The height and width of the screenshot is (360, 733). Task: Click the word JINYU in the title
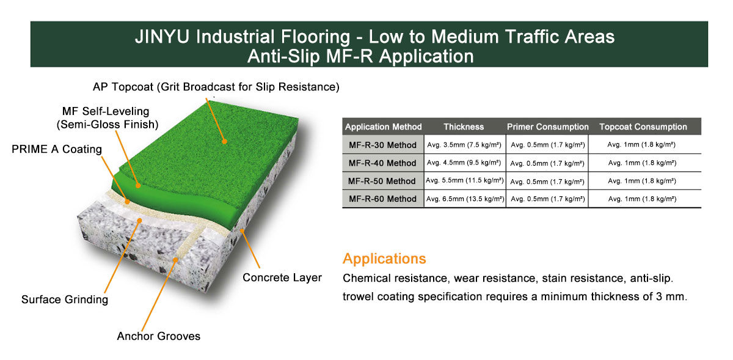click(162, 36)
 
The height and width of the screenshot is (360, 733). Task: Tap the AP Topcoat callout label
click(216, 87)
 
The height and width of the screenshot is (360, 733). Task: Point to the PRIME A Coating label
click(57, 149)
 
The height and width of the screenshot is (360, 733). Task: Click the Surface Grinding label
click(65, 299)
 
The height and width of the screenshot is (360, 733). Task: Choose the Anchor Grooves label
click(158, 336)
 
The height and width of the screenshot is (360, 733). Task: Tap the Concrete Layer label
click(282, 277)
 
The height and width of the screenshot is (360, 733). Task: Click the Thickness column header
click(464, 127)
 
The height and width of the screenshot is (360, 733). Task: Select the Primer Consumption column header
click(548, 127)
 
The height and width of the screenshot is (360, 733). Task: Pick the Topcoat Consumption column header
click(643, 127)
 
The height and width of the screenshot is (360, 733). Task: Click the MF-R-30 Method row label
click(382, 145)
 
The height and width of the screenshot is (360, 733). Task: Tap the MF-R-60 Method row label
click(382, 199)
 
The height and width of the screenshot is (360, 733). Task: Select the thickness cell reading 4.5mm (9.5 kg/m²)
click(464, 163)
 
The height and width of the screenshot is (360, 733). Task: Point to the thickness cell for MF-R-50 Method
click(465, 180)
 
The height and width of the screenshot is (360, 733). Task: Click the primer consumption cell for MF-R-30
click(548, 145)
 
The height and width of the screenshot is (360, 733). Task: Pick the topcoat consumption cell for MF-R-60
click(642, 199)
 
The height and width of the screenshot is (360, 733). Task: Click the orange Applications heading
click(384, 259)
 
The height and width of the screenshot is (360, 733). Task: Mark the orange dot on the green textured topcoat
click(224, 142)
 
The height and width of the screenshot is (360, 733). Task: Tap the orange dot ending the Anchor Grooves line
click(175, 260)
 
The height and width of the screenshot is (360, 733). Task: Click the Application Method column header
click(383, 127)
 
